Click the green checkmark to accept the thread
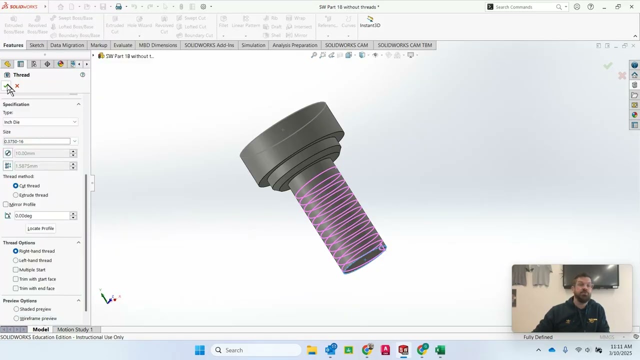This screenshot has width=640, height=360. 6,86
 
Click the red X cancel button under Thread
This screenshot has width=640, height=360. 17,86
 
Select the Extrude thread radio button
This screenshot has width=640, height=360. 15,195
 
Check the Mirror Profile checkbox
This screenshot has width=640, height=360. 6,204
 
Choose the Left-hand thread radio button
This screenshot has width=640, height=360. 15,260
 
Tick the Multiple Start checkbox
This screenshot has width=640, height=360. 15,270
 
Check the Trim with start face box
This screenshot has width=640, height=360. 15,279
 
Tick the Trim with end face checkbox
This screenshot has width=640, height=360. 15,288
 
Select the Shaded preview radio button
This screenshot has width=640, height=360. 16,309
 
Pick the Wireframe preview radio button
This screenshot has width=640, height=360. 16,318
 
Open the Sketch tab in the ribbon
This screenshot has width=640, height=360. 36,45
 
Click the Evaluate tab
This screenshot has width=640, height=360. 122,45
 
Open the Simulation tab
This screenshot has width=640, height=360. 253,45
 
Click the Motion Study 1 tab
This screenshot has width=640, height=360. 75,329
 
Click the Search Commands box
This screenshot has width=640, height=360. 525,7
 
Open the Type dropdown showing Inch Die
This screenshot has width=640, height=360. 40,122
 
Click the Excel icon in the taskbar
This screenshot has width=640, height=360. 440,350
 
